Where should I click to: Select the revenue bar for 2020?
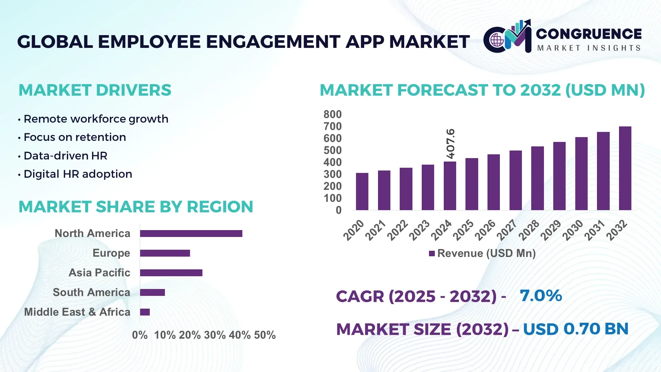click(362, 192)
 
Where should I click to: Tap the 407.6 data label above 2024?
click(450, 144)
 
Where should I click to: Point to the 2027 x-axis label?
click(507, 230)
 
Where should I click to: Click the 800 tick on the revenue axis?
click(332, 114)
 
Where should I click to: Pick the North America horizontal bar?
click(191, 234)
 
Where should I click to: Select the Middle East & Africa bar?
click(145, 312)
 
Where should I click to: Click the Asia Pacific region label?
click(99, 272)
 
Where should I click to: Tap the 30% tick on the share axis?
click(215, 335)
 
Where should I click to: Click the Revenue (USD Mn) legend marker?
click(432, 254)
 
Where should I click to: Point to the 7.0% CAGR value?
click(541, 296)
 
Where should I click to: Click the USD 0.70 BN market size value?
click(576, 329)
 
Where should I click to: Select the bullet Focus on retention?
click(75, 137)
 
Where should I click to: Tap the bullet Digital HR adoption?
click(78, 174)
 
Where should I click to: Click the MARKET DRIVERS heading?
click(95, 90)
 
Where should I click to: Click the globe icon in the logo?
click(497, 40)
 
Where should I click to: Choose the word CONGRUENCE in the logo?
click(589, 34)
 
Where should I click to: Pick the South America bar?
click(153, 292)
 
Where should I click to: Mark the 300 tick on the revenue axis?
click(332, 174)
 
